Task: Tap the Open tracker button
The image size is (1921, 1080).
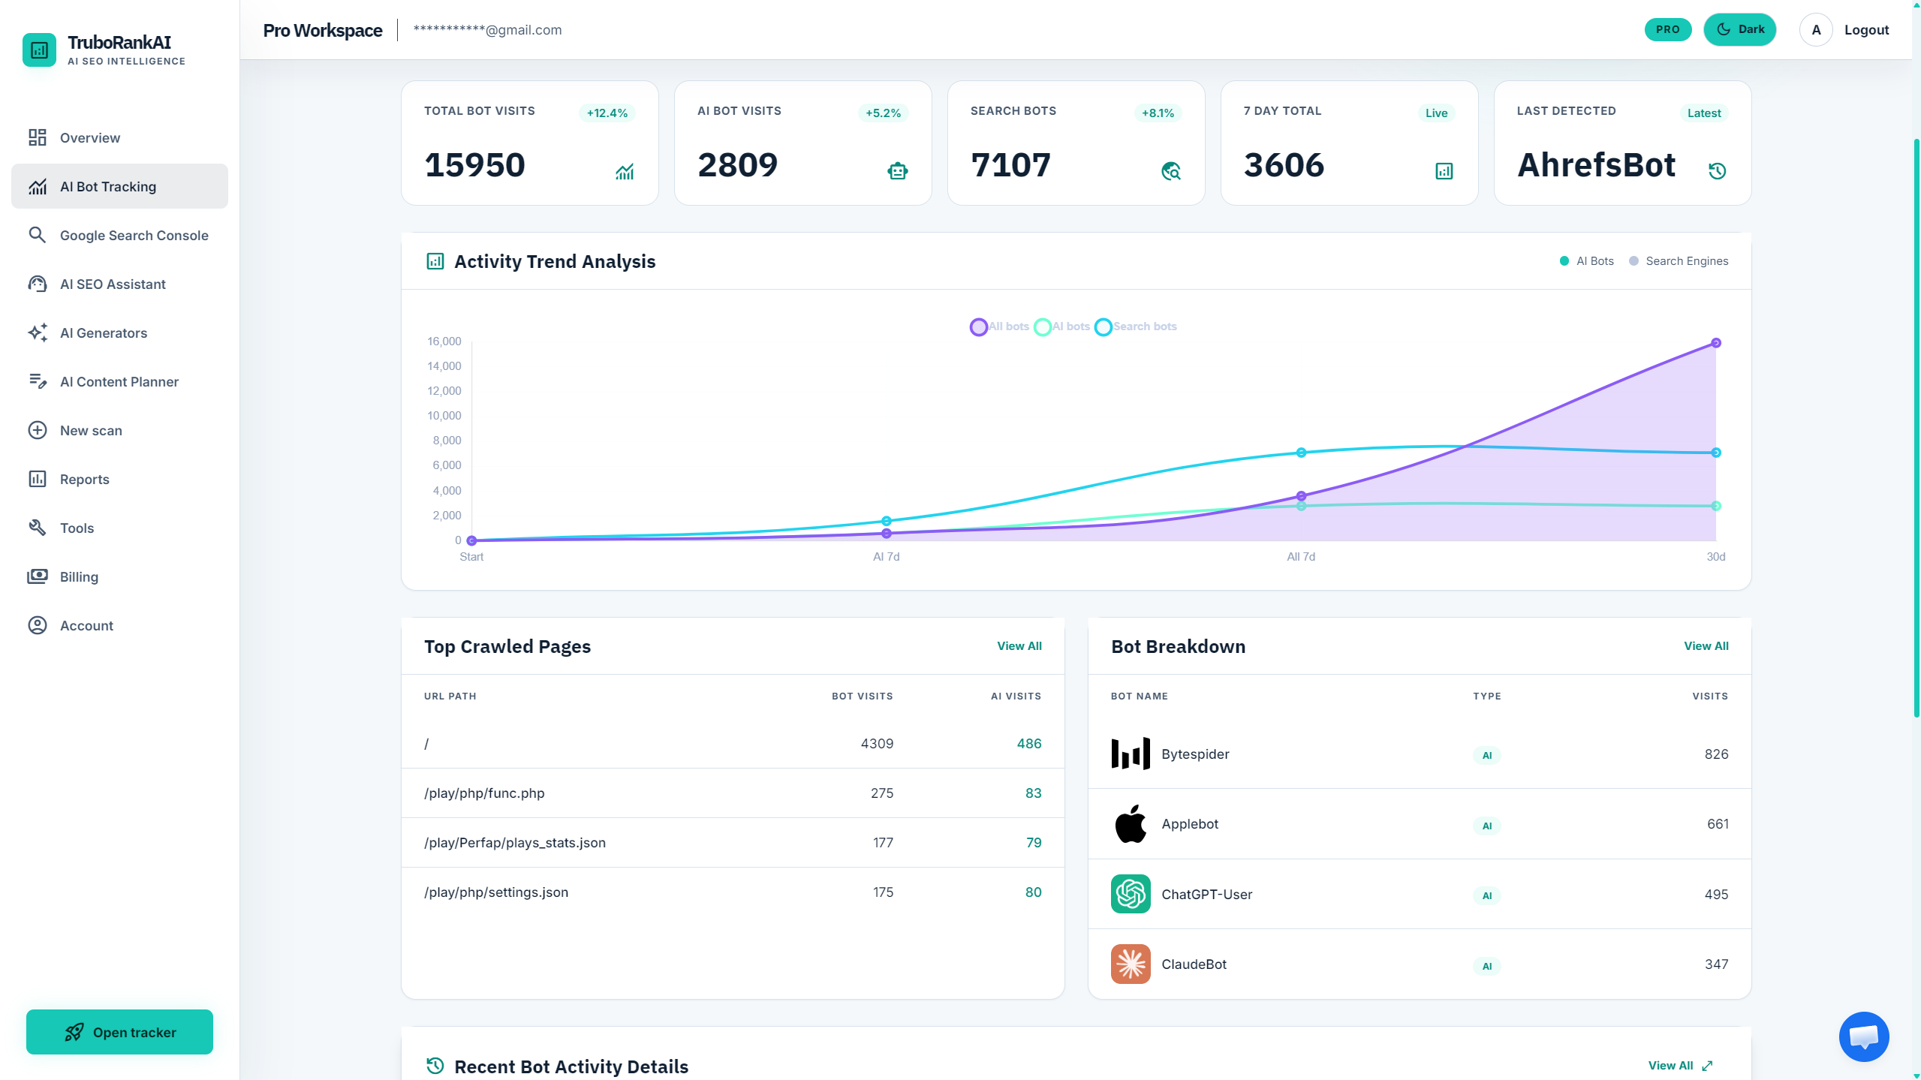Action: coord(119,1032)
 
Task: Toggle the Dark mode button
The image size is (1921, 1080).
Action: coord(1739,30)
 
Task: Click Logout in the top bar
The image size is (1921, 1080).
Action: coord(1866,30)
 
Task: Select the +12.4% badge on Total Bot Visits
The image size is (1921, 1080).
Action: coord(607,113)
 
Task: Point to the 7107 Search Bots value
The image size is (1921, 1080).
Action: coord(1010,165)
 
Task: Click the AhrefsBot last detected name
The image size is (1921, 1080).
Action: coord(1596,165)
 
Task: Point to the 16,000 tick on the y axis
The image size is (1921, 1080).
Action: coord(444,341)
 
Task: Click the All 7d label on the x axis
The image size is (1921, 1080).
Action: coord(1301,557)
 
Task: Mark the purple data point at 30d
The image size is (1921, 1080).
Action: coord(1716,343)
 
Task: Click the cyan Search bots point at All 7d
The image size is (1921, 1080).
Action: coord(1301,453)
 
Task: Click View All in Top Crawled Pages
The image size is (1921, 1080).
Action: coord(1019,646)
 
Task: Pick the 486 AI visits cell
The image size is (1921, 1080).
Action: coord(1029,744)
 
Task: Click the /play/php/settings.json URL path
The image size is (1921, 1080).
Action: coord(496,892)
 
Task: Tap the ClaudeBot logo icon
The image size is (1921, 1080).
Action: coord(1131,964)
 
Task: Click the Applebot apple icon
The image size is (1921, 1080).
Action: coord(1131,824)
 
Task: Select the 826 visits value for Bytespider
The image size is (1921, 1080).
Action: coord(1716,754)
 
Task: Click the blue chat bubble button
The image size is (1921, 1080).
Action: coord(1863,1036)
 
